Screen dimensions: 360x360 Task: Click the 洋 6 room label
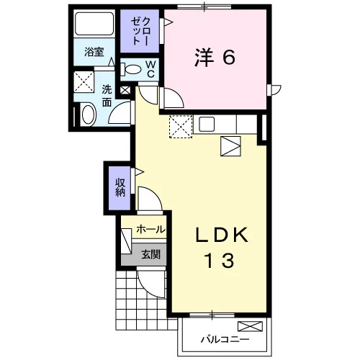(x=215, y=58)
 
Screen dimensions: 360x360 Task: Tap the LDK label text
(x=222, y=235)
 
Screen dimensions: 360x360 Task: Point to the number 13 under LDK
(x=219, y=261)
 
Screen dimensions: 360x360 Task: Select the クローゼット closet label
(x=140, y=31)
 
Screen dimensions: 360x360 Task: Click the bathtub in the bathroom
(x=94, y=24)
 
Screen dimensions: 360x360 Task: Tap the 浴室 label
(x=94, y=52)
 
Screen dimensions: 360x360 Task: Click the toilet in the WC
(x=130, y=69)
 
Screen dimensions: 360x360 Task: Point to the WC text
(x=150, y=69)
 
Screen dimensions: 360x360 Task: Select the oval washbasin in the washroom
(x=88, y=114)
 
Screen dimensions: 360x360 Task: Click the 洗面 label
(x=107, y=96)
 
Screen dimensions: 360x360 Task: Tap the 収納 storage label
(x=120, y=188)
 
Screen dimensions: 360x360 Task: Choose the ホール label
(x=150, y=230)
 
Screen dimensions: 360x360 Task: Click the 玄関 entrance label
(x=150, y=254)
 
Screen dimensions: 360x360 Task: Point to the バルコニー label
(x=225, y=339)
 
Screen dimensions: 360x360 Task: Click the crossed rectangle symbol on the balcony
(x=250, y=327)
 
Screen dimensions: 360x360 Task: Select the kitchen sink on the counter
(x=207, y=124)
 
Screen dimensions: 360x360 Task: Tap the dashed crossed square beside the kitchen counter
(x=181, y=127)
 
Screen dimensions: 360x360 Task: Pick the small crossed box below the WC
(x=125, y=91)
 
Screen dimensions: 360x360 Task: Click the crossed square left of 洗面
(x=84, y=81)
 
